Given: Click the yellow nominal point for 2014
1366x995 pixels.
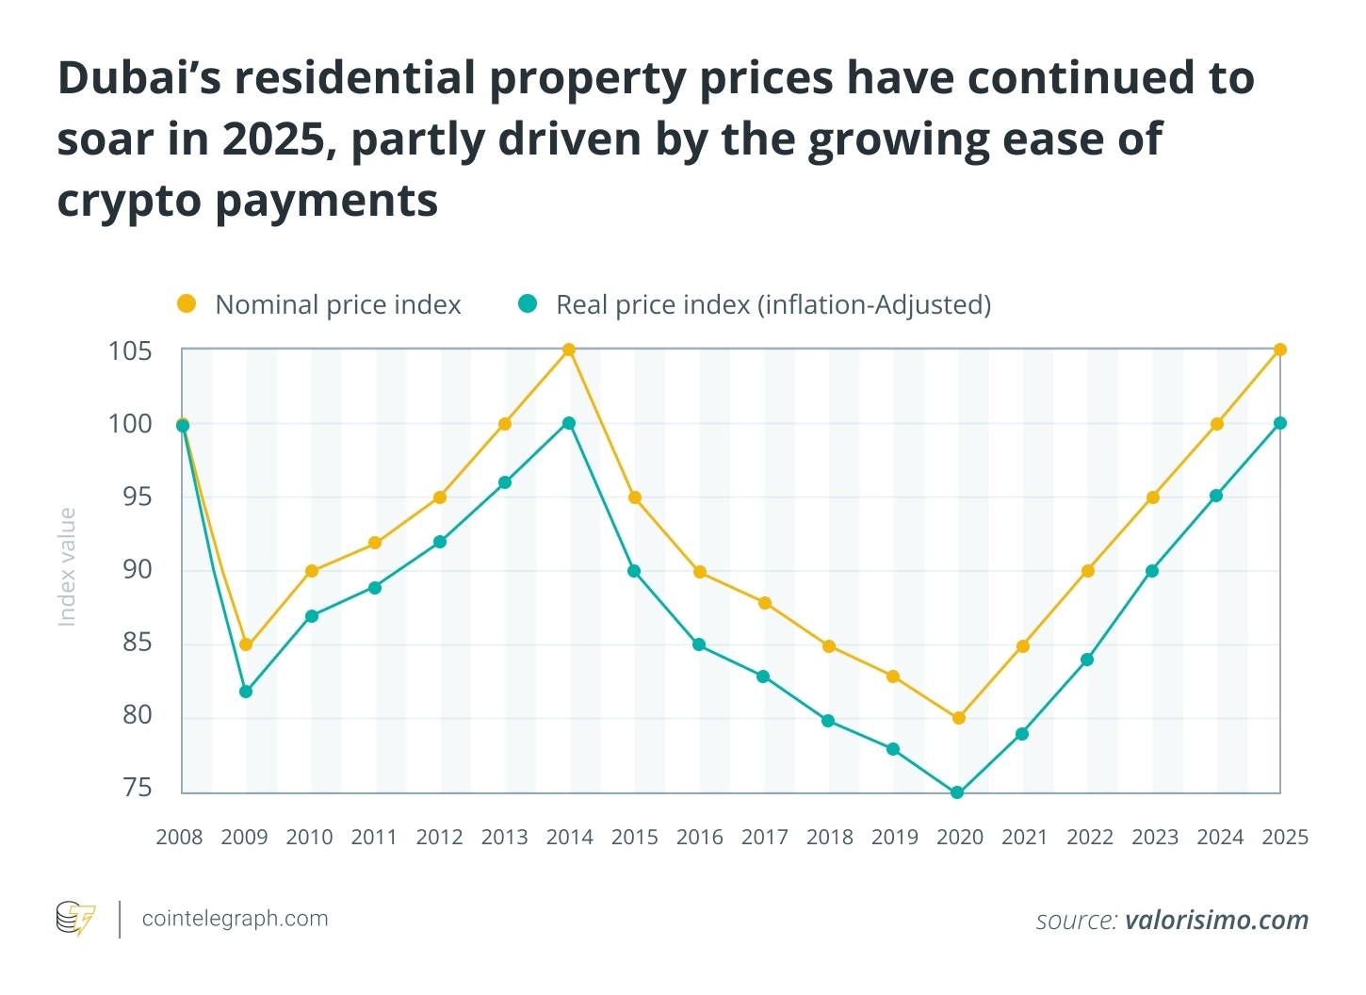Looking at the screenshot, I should [x=569, y=351].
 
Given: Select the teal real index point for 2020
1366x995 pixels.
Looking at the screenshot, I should [x=957, y=792].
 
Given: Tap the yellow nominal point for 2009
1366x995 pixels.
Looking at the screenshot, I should [x=246, y=644].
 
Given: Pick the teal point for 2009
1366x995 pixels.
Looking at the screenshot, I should [x=246, y=692].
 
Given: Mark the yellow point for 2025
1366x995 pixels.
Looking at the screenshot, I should [x=1279, y=351].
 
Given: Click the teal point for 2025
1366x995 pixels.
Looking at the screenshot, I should [x=1279, y=423].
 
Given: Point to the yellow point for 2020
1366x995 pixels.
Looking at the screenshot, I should [x=958, y=718].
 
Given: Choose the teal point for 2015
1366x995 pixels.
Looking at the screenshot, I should [x=634, y=571].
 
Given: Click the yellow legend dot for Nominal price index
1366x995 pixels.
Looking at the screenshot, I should [x=187, y=304].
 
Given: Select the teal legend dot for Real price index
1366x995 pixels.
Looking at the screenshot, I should [x=528, y=304].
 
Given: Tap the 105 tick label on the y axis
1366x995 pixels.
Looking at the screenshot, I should [x=130, y=351].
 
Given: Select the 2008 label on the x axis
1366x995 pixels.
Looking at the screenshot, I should [x=179, y=837].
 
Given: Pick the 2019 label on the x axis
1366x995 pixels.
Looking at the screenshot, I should [x=894, y=837].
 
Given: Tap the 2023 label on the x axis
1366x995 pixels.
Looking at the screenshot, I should [x=1155, y=837].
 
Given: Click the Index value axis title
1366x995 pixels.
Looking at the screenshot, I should [x=67, y=566].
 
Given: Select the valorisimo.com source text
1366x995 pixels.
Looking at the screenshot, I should [x=1216, y=920].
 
